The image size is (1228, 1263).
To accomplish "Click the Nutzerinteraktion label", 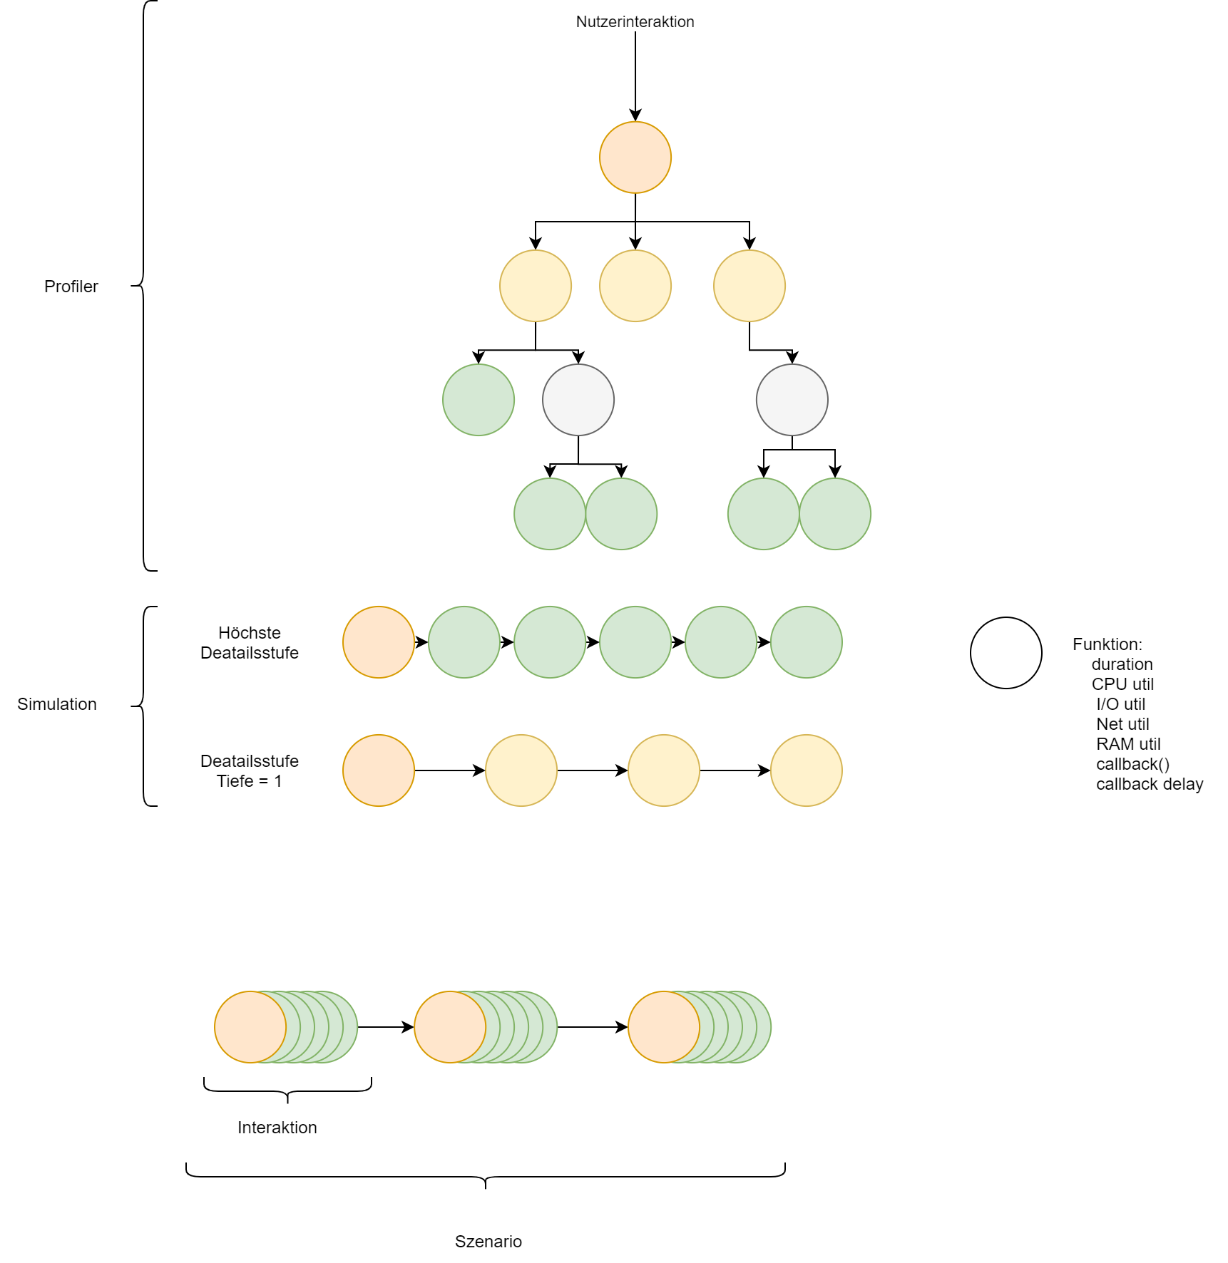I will [x=635, y=22].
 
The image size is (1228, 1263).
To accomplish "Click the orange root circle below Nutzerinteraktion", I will [x=635, y=158].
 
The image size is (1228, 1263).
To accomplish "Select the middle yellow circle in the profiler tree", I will [x=635, y=286].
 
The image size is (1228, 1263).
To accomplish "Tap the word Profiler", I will [x=71, y=287].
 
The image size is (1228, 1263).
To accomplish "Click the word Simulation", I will [x=57, y=704].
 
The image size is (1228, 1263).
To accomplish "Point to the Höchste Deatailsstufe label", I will [x=250, y=643].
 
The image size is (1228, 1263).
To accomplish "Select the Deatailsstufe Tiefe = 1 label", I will [x=250, y=771].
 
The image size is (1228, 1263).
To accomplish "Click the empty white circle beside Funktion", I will [x=1006, y=653].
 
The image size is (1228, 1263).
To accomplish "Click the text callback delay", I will [x=1149, y=784].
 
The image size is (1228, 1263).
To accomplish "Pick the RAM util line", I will [x=1127, y=744].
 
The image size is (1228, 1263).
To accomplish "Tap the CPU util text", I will [x=1122, y=684].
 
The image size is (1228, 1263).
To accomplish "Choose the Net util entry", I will [x=1122, y=724].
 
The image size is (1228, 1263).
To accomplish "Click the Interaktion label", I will [x=277, y=1128].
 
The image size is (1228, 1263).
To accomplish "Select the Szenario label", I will [x=488, y=1242].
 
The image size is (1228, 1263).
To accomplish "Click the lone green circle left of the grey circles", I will [x=479, y=400].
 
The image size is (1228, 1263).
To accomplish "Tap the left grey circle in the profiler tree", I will [x=578, y=400].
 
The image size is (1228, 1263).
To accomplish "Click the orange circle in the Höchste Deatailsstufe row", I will [x=379, y=642].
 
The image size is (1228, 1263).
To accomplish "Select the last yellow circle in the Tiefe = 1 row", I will [x=807, y=770].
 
